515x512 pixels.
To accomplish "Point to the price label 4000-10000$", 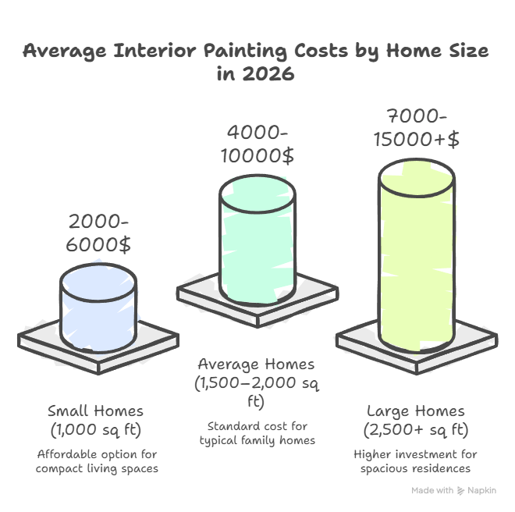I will point(257,144).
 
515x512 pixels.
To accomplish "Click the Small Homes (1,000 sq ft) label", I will point(95,419).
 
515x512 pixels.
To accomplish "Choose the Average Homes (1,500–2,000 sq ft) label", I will point(256,382).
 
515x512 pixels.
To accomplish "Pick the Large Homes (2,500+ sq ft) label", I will point(416,419).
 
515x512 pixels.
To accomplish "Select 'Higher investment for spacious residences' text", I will point(416,460).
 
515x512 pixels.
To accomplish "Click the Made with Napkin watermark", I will point(453,490).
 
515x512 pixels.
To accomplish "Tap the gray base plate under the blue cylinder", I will point(39,340).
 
